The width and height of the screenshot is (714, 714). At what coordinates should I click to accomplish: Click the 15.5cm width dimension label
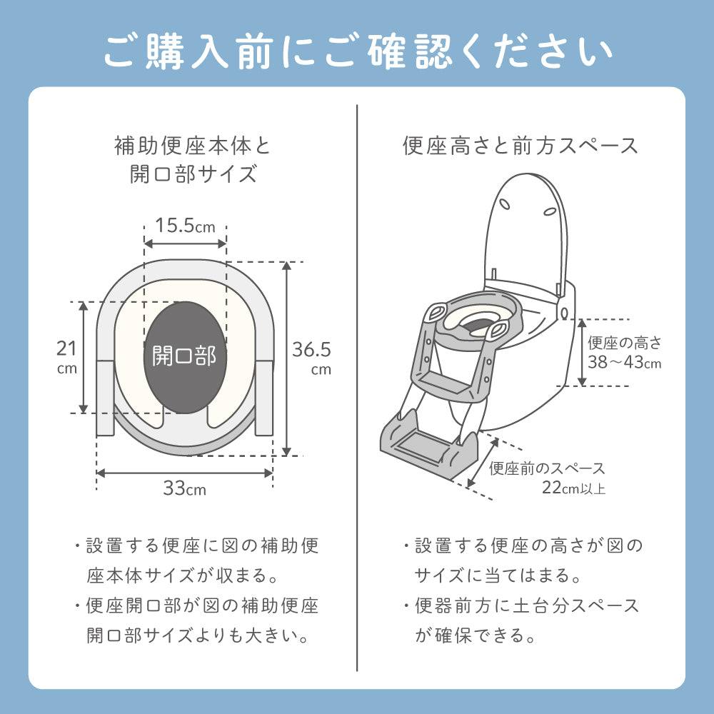click(x=185, y=226)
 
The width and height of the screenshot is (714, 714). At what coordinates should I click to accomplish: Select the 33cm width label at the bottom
click(x=184, y=488)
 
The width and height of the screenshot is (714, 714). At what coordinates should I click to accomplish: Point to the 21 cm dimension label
click(x=67, y=357)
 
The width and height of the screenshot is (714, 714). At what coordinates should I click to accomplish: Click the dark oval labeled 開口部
click(x=185, y=358)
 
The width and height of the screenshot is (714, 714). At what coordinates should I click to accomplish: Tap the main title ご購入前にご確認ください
click(x=358, y=51)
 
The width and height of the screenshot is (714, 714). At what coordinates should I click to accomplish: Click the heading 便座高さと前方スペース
click(x=521, y=146)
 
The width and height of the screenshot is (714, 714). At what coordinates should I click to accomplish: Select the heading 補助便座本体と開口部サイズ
click(x=193, y=160)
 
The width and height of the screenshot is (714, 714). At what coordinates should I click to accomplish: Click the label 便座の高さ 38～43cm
click(x=624, y=353)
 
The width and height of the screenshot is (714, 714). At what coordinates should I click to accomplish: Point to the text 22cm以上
click(x=573, y=488)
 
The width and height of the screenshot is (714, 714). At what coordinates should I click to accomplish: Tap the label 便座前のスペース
click(x=547, y=468)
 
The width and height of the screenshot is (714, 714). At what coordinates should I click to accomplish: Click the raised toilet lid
click(x=526, y=234)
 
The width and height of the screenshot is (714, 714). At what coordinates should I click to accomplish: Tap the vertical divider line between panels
click(x=357, y=388)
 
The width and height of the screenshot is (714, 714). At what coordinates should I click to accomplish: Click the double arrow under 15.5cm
click(x=185, y=243)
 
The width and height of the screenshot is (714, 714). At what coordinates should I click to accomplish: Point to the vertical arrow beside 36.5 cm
click(x=286, y=358)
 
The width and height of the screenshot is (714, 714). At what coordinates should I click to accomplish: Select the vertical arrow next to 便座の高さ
click(x=582, y=353)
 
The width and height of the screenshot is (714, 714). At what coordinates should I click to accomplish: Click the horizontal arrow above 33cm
click(x=184, y=473)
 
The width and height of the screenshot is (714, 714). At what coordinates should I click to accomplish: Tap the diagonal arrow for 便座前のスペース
click(x=483, y=462)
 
